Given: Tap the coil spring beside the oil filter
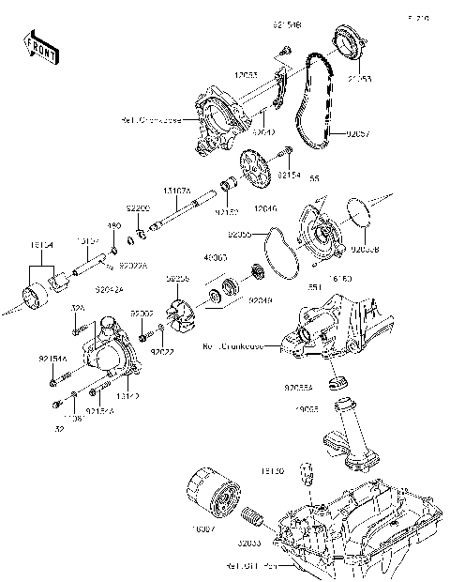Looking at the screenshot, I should tap(251, 516).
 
